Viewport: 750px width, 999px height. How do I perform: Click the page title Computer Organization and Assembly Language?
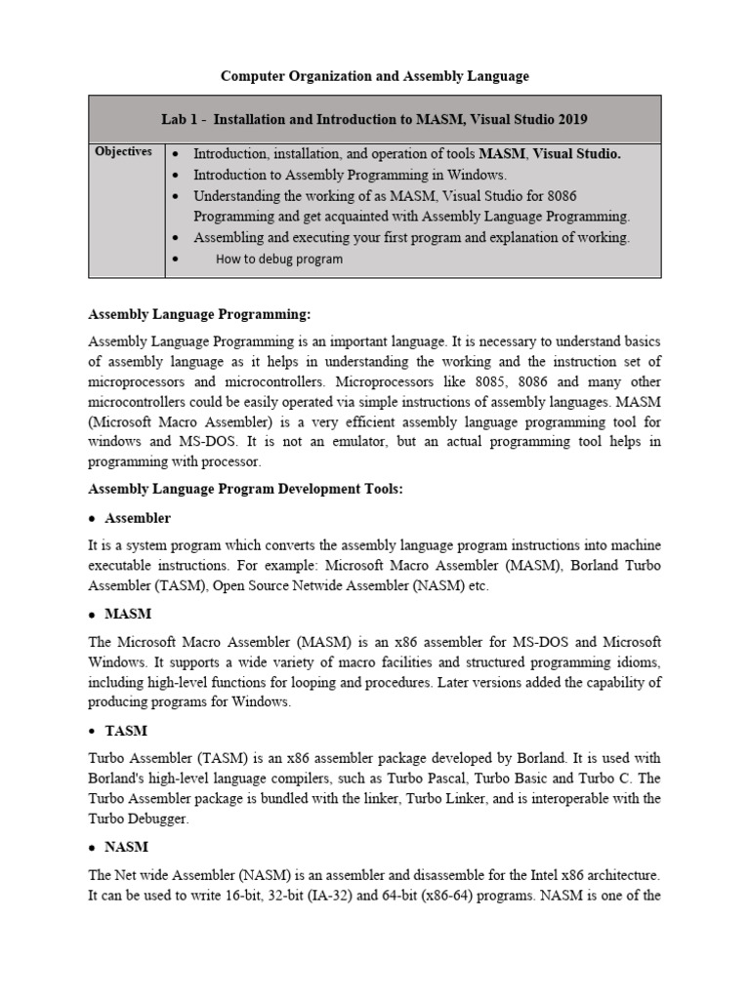(x=374, y=75)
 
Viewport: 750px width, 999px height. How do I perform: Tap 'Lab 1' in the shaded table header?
(x=182, y=119)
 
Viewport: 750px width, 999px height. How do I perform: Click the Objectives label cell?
(x=123, y=151)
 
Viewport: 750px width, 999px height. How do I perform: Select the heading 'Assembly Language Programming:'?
(x=199, y=314)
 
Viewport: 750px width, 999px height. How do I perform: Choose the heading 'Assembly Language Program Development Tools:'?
(x=245, y=489)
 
